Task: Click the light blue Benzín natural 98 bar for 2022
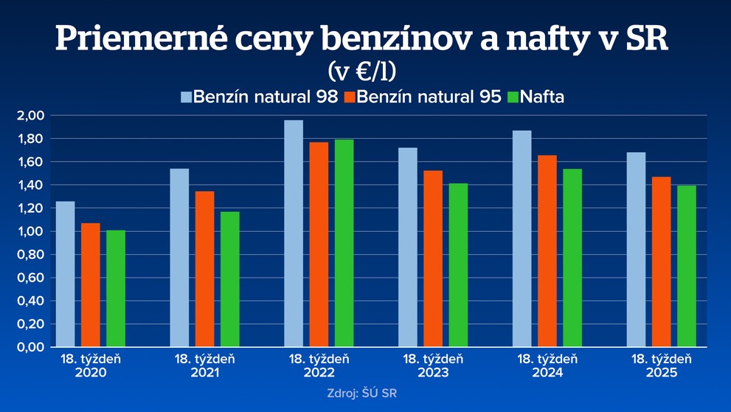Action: [294, 233]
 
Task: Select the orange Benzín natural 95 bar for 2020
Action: [90, 285]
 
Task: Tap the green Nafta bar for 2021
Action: [229, 279]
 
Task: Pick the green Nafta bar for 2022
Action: [344, 243]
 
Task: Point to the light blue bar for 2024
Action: [522, 238]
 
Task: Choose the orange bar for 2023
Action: [433, 258]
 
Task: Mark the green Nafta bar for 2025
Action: [687, 266]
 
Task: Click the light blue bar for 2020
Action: [66, 274]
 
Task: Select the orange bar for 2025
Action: [661, 261]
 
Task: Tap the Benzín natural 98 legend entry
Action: [259, 97]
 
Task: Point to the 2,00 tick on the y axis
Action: [30, 116]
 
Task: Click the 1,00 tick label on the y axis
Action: [30, 231]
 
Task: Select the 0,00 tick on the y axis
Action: [30, 347]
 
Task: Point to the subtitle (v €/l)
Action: [362, 71]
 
